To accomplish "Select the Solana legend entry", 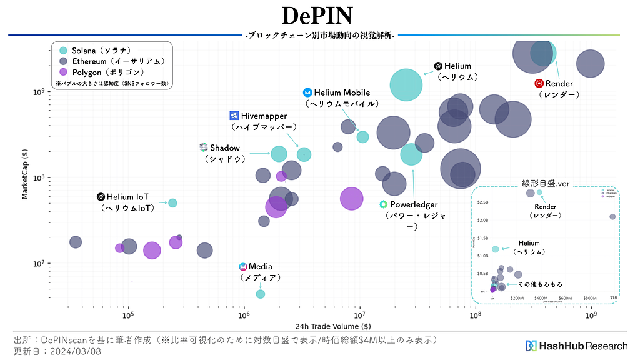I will click(x=63, y=50).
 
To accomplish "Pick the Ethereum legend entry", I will click(x=63, y=61).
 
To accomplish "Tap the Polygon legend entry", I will click(x=63, y=72).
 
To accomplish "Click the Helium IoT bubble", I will click(x=172, y=202).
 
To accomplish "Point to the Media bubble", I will click(x=261, y=294).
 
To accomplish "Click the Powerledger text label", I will click(x=414, y=204).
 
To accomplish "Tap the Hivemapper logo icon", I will click(x=234, y=116).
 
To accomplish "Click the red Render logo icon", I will click(x=539, y=83).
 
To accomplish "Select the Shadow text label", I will click(x=225, y=147).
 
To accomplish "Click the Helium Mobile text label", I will click(x=342, y=92).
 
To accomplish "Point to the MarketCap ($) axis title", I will click(x=25, y=174).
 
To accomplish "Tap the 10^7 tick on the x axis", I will click(x=360, y=315).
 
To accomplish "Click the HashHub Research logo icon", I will click(x=531, y=346).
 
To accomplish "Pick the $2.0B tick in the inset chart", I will click(x=482, y=220).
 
